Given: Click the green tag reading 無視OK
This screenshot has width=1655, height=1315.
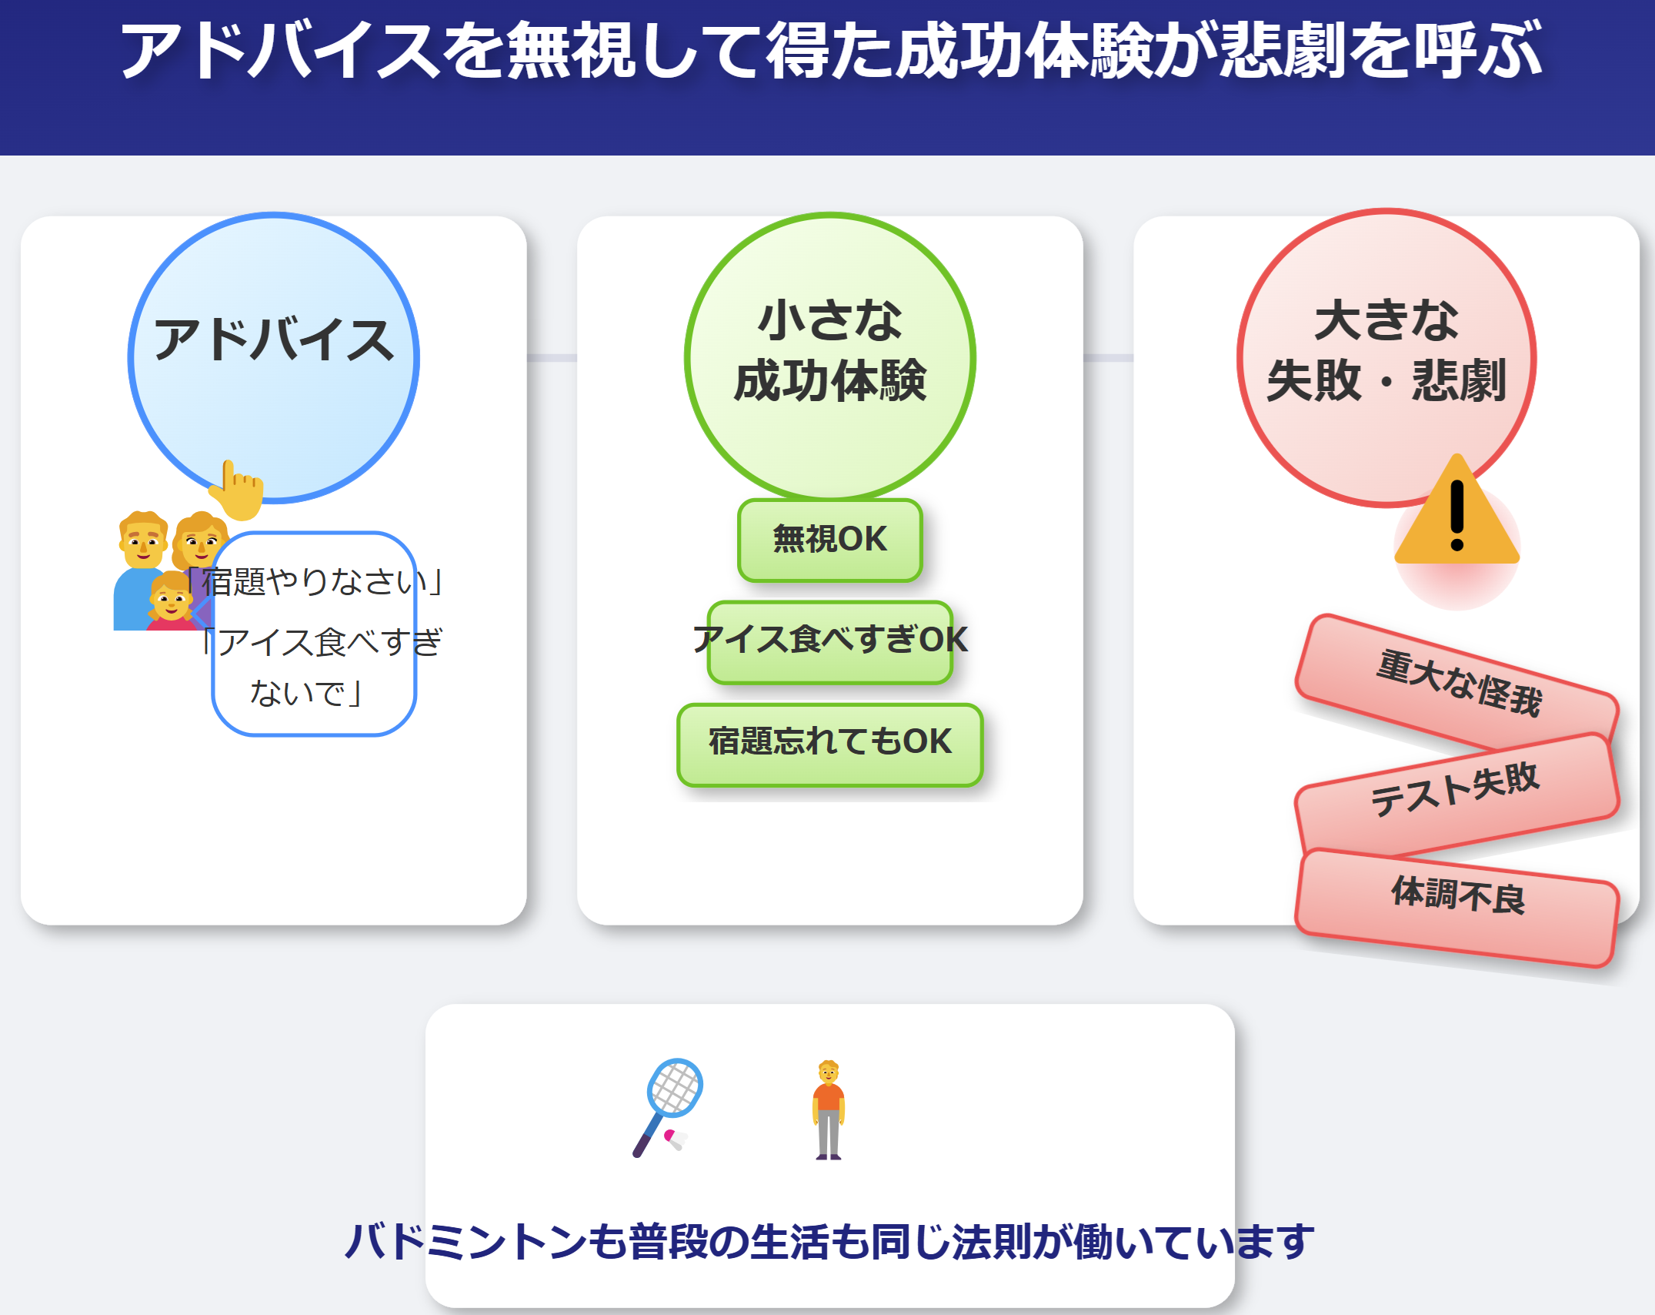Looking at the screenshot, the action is pyautogui.click(x=830, y=540).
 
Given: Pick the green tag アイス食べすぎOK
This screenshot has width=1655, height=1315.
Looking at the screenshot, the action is pyautogui.click(x=830, y=641).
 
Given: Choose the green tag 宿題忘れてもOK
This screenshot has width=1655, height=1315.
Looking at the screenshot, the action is pyautogui.click(x=830, y=744).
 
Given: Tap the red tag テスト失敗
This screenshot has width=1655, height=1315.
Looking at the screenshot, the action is pyautogui.click(x=1457, y=792).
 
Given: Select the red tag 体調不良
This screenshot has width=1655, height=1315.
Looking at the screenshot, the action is pyautogui.click(x=1457, y=907).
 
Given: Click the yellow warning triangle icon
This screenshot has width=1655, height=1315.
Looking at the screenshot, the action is pyautogui.click(x=1456, y=512).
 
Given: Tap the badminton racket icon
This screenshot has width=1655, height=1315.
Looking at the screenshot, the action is pyautogui.click(x=667, y=1106).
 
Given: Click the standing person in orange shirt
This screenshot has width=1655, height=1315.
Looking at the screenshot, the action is pyautogui.click(x=829, y=1109).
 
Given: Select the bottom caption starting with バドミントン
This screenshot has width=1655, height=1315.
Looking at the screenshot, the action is pyautogui.click(x=829, y=1241).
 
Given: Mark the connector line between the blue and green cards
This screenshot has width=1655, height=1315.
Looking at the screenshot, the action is pyautogui.click(x=552, y=358).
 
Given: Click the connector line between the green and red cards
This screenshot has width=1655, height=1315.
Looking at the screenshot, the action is pyautogui.click(x=1108, y=358).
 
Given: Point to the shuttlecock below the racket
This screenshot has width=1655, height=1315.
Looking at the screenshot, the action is pyautogui.click(x=676, y=1139).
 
